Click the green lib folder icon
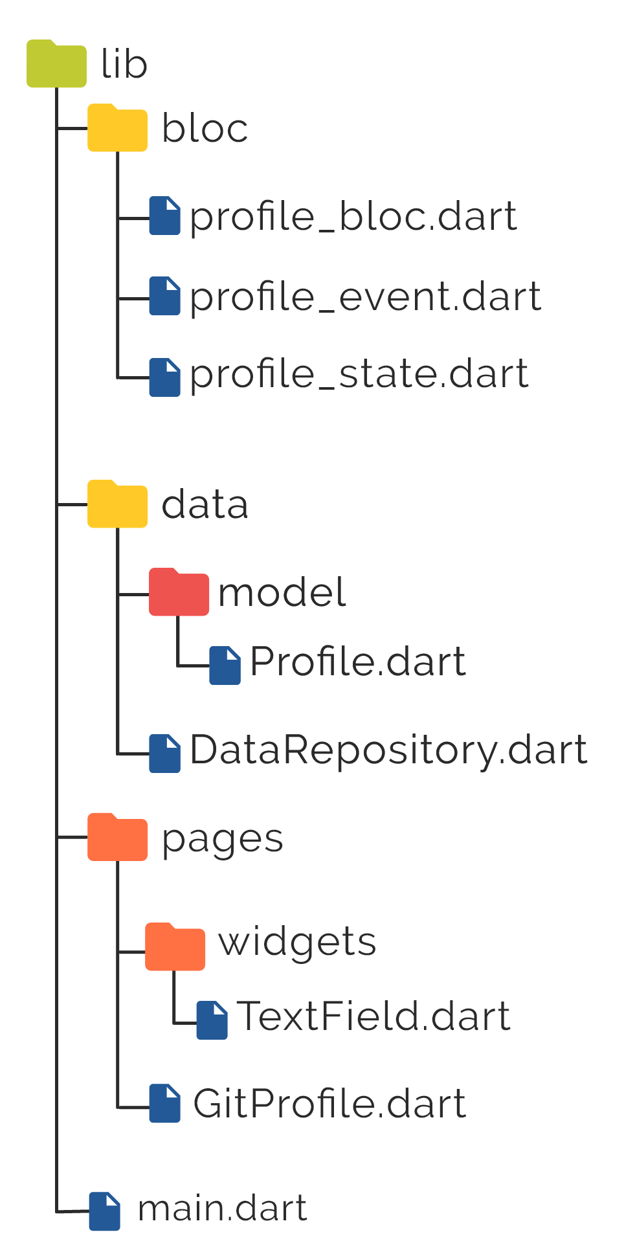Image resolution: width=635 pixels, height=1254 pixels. [x=56, y=64]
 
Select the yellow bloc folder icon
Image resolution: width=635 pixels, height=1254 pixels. [x=117, y=128]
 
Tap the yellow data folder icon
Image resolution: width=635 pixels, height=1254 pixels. [x=117, y=504]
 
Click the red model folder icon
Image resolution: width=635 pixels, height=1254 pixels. [x=179, y=592]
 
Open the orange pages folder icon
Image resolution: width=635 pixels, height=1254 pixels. [x=117, y=838]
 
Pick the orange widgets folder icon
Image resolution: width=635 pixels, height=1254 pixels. [x=175, y=947]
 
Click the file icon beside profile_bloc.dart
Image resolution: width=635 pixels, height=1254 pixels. [x=164, y=216]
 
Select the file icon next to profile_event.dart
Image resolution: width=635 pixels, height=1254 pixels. [x=164, y=296]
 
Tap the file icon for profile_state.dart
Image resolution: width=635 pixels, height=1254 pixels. [x=164, y=377]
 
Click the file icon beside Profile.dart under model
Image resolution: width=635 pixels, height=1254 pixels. [x=225, y=665]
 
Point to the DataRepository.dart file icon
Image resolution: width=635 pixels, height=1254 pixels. [x=164, y=753]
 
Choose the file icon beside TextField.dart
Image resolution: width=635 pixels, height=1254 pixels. [x=212, y=1020]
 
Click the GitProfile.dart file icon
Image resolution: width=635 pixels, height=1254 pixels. [x=164, y=1103]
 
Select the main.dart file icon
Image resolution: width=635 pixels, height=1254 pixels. [x=104, y=1211]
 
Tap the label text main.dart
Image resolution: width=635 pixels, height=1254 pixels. [x=222, y=1209]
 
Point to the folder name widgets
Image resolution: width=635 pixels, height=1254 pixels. [x=297, y=942]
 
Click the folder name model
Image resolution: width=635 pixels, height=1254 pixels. [x=282, y=592]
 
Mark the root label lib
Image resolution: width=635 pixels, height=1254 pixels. [x=124, y=64]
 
